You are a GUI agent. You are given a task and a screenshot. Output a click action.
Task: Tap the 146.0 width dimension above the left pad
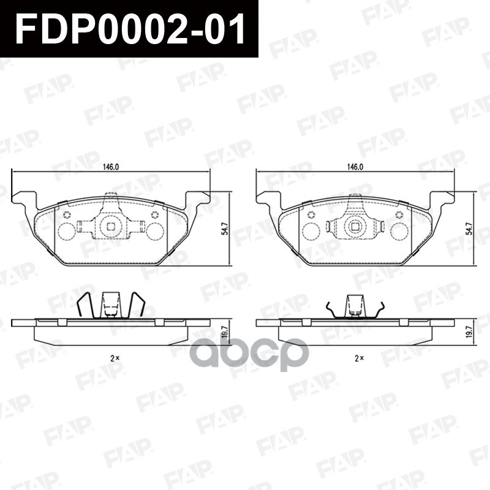point(111,167)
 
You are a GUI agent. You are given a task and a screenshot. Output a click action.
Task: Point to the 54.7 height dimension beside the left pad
point(225,228)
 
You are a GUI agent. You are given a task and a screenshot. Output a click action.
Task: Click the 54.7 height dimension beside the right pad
point(469,228)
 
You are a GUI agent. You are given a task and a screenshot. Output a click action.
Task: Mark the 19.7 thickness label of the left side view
point(225,331)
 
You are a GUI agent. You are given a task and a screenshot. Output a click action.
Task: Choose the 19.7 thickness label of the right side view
point(469,331)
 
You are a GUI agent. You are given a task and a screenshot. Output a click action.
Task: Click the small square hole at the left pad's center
point(111,227)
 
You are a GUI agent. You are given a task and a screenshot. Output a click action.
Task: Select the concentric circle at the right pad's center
point(355,227)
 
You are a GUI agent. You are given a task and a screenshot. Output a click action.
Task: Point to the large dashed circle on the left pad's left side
point(66,231)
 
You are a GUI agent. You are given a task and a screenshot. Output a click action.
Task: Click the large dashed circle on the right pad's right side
point(401,231)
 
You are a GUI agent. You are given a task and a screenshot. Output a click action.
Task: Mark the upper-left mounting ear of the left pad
point(21,198)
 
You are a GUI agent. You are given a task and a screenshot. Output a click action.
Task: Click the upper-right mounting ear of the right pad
point(445,198)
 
